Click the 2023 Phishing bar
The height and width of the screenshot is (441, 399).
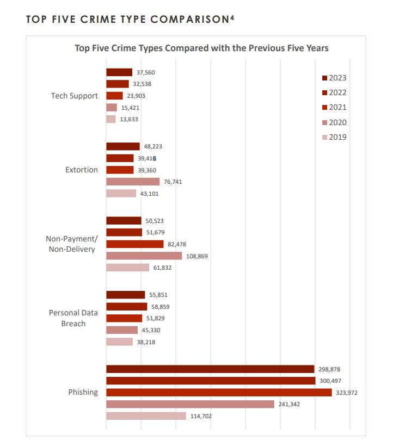210,369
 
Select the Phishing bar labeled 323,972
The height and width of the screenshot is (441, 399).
219,393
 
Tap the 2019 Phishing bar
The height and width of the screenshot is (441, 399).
146,416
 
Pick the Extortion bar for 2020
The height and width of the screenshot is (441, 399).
133,182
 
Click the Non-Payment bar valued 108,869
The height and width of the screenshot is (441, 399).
144,256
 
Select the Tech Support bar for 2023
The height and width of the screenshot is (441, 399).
119,72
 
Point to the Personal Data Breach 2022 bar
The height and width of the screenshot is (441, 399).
126,307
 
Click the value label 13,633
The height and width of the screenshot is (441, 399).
129,120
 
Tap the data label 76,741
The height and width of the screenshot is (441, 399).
173,182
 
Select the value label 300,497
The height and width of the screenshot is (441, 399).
330,381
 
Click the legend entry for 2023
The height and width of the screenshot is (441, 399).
334,78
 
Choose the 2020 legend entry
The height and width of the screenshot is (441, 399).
334,123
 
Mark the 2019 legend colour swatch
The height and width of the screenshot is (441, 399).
324,138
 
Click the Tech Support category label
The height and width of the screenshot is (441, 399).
75,96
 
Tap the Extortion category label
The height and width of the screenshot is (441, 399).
82,170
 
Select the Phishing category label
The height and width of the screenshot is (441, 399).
83,392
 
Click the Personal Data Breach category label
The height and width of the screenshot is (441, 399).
73,318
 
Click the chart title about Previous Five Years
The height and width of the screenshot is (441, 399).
201,48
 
